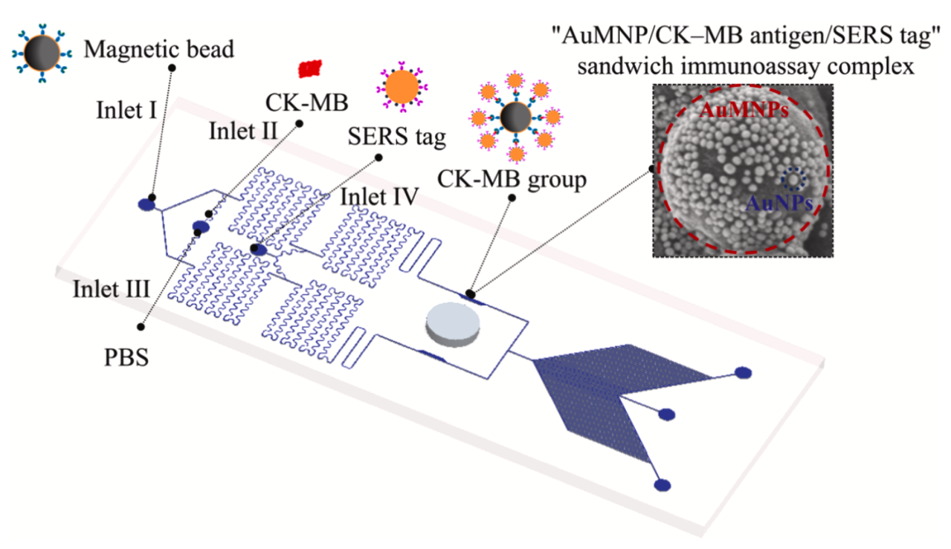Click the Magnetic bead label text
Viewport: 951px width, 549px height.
[x=158, y=49]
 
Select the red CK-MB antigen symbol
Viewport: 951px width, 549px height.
[x=310, y=69]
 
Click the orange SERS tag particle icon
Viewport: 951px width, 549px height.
[x=402, y=86]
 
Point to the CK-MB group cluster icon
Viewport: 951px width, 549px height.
[x=516, y=117]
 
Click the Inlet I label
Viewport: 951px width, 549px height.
[x=126, y=110]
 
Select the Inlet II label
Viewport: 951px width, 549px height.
[x=243, y=131]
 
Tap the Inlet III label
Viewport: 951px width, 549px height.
[x=111, y=289]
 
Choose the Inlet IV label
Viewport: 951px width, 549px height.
[x=380, y=197]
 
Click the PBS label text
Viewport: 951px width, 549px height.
[x=126, y=357]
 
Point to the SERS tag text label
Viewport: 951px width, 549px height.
[x=396, y=137]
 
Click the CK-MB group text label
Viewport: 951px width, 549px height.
[x=512, y=180]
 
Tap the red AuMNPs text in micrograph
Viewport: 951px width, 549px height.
[x=744, y=110]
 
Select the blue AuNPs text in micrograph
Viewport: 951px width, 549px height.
[x=779, y=203]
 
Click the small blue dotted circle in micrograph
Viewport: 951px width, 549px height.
[x=792, y=180]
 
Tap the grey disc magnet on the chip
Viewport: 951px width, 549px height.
[x=453, y=325]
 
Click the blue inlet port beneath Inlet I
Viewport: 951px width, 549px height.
[x=147, y=204]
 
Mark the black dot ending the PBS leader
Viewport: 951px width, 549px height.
[x=141, y=326]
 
